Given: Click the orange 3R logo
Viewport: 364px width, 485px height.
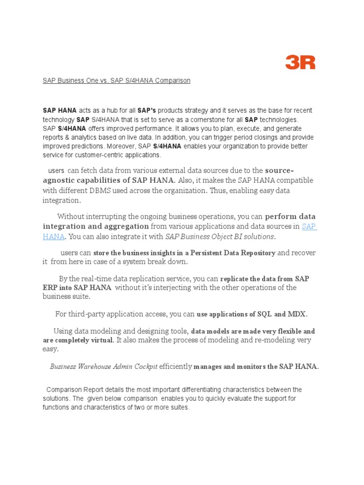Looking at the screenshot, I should pyautogui.click(x=300, y=62).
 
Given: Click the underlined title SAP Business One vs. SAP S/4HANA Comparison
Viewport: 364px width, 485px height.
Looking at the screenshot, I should pyautogui.click(x=117, y=81).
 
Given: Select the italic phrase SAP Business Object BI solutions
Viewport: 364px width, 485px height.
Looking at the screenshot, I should pyautogui.click(x=219, y=236).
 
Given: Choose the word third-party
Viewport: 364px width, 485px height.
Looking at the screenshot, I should pyautogui.click(x=90, y=314).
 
